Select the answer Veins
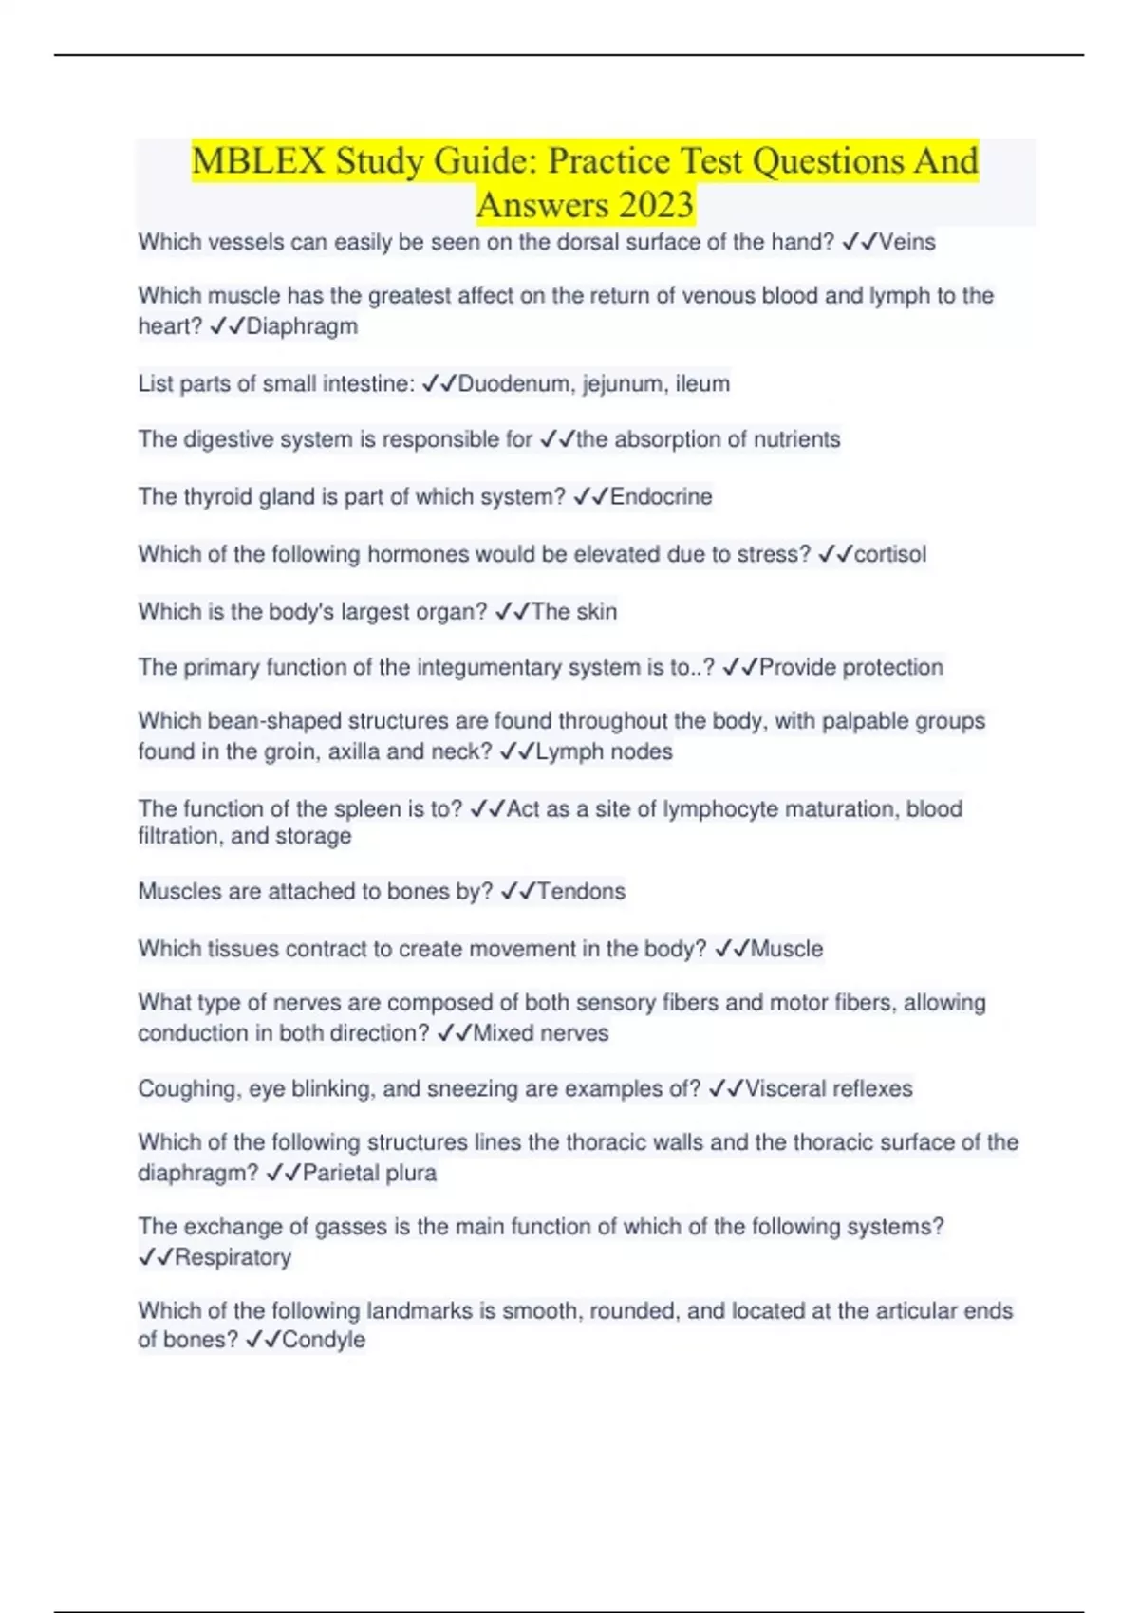tap(906, 242)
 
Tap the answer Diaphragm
tap(302, 326)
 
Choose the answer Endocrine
tap(661, 496)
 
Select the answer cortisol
tap(889, 554)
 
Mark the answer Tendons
tap(581, 891)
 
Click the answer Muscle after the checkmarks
tap(787, 949)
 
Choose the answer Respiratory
tap(233, 1257)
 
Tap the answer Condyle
tap(323, 1340)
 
